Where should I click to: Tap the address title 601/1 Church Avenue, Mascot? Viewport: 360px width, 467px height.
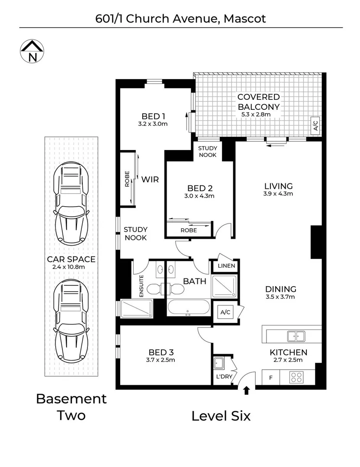tap(180, 19)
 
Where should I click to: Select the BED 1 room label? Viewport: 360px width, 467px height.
tap(154, 116)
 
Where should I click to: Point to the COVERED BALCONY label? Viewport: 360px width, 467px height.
tap(258, 102)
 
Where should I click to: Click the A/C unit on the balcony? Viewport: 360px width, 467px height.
tap(315, 125)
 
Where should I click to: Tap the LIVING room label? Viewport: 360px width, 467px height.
tap(279, 186)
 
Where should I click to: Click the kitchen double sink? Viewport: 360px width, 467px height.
tap(296, 335)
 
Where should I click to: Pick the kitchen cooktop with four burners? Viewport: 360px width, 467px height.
tap(298, 377)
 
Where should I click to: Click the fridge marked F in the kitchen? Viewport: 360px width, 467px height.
tap(271, 377)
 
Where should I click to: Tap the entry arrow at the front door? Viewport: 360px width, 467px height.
tap(247, 391)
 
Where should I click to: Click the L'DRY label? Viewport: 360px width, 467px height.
tap(224, 377)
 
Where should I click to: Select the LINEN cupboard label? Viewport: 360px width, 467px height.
tap(226, 265)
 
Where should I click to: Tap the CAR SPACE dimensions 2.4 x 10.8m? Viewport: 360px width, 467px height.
tap(71, 267)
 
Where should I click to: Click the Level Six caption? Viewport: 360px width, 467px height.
tap(221, 416)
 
